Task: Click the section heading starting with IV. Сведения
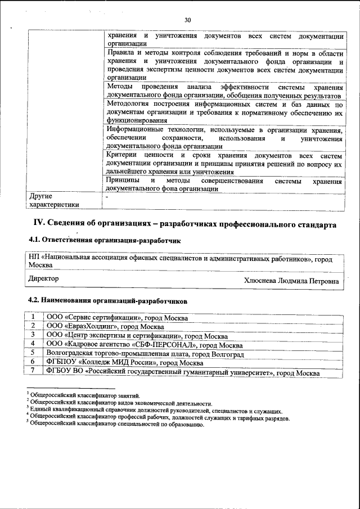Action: coord(183,224)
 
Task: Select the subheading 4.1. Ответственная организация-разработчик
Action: coord(105,241)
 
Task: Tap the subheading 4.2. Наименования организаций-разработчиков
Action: coord(107,301)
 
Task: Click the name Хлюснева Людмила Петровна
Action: coord(291,280)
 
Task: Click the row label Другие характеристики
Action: coord(54,201)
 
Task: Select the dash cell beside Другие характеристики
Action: coord(107,197)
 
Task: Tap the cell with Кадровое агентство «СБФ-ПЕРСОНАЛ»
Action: coord(145,345)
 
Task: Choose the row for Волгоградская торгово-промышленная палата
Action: coord(145,354)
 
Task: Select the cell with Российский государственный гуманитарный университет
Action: coord(183,372)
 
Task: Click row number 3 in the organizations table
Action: coord(34,335)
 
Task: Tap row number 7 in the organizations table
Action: coord(34,372)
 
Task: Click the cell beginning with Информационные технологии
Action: coord(224,138)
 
